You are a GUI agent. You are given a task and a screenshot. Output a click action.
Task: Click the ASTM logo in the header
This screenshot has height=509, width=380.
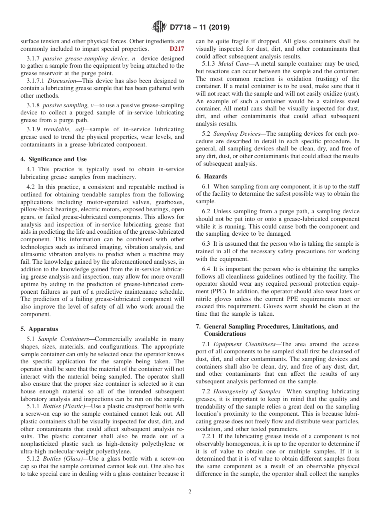click(159, 27)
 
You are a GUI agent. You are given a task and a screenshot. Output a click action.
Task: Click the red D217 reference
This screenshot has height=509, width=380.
click(177, 49)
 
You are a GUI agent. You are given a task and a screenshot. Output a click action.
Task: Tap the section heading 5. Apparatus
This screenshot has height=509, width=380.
click(39, 329)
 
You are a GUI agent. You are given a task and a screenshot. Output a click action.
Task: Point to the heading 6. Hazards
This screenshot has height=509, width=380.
click(212, 176)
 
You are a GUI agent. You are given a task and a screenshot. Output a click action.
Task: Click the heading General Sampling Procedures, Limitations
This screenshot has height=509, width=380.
click(267, 327)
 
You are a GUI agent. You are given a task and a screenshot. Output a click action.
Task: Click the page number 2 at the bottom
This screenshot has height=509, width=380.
click(190, 492)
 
